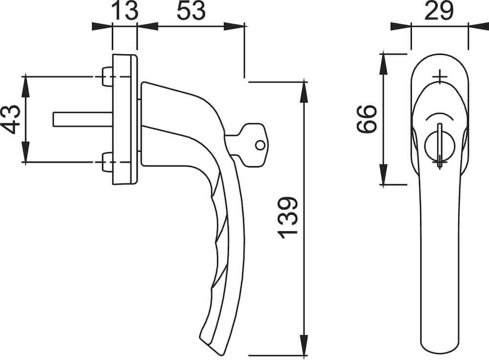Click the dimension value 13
(x=124, y=11)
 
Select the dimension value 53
(x=191, y=11)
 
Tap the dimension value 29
(x=439, y=11)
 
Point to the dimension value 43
(x=11, y=119)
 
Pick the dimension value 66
(x=367, y=119)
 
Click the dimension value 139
(x=288, y=218)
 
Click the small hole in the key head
(x=260, y=145)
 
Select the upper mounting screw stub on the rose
(x=108, y=76)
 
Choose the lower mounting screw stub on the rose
(x=108, y=162)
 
